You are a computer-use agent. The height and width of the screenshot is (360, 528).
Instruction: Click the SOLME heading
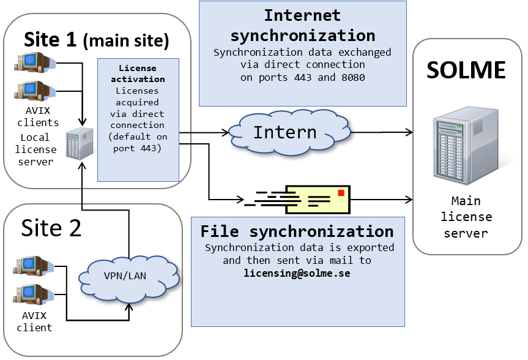pos(466,70)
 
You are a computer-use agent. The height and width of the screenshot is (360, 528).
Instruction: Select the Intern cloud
pos(285,132)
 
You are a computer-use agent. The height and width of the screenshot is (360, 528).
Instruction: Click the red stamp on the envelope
pos(341,193)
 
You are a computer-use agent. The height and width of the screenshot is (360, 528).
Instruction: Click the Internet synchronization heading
pos(302,24)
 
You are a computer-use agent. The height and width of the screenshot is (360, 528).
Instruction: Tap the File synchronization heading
pos(297,231)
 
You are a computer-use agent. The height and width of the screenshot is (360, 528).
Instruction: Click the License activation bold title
pos(137,73)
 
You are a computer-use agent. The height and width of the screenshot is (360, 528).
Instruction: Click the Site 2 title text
pos(51,228)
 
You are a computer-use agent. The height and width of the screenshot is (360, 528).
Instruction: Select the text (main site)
pos(125,41)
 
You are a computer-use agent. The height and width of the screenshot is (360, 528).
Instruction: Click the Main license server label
pos(466,217)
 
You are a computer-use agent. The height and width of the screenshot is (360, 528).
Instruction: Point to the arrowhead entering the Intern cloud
pos(225,132)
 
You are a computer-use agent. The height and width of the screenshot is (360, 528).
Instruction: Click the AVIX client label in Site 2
pos(34,321)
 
